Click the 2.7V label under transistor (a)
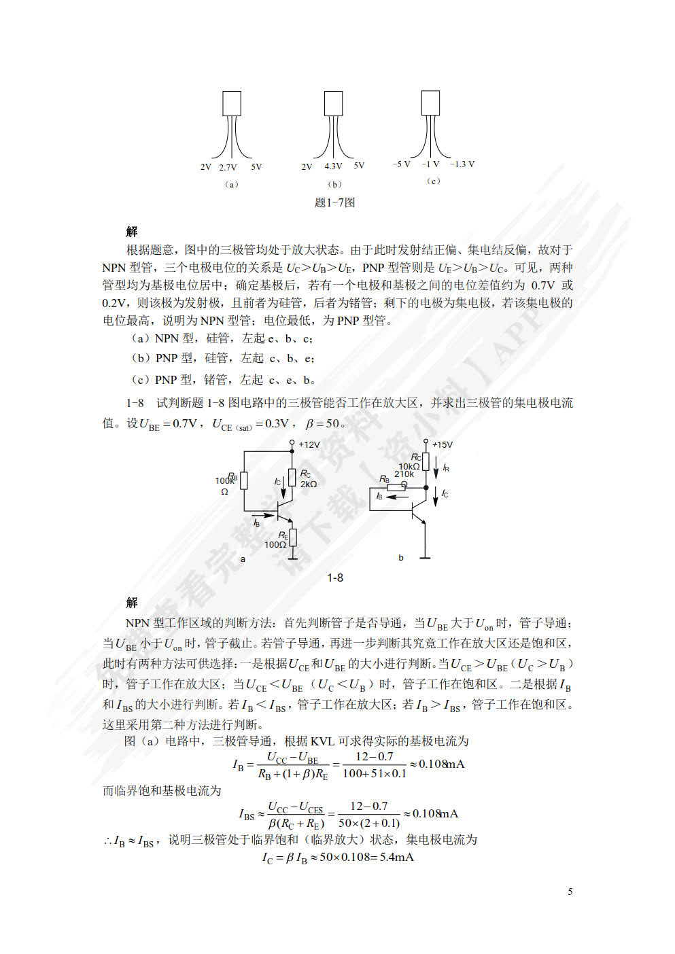point(228,167)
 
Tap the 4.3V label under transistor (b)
point(333,166)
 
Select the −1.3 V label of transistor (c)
point(462,164)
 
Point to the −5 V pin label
point(401,164)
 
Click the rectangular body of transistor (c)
point(430,103)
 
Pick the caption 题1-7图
point(335,202)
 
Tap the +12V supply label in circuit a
point(309,444)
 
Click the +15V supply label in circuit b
point(442,444)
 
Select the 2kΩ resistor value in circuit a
point(309,484)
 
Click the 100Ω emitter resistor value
point(275,544)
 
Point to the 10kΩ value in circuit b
point(409,466)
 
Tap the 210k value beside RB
point(404,474)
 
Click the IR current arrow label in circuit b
point(446,467)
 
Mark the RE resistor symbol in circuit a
point(293,537)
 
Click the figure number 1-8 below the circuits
point(335,578)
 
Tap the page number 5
point(570,891)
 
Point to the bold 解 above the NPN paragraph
point(132,603)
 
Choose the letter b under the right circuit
point(401,558)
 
